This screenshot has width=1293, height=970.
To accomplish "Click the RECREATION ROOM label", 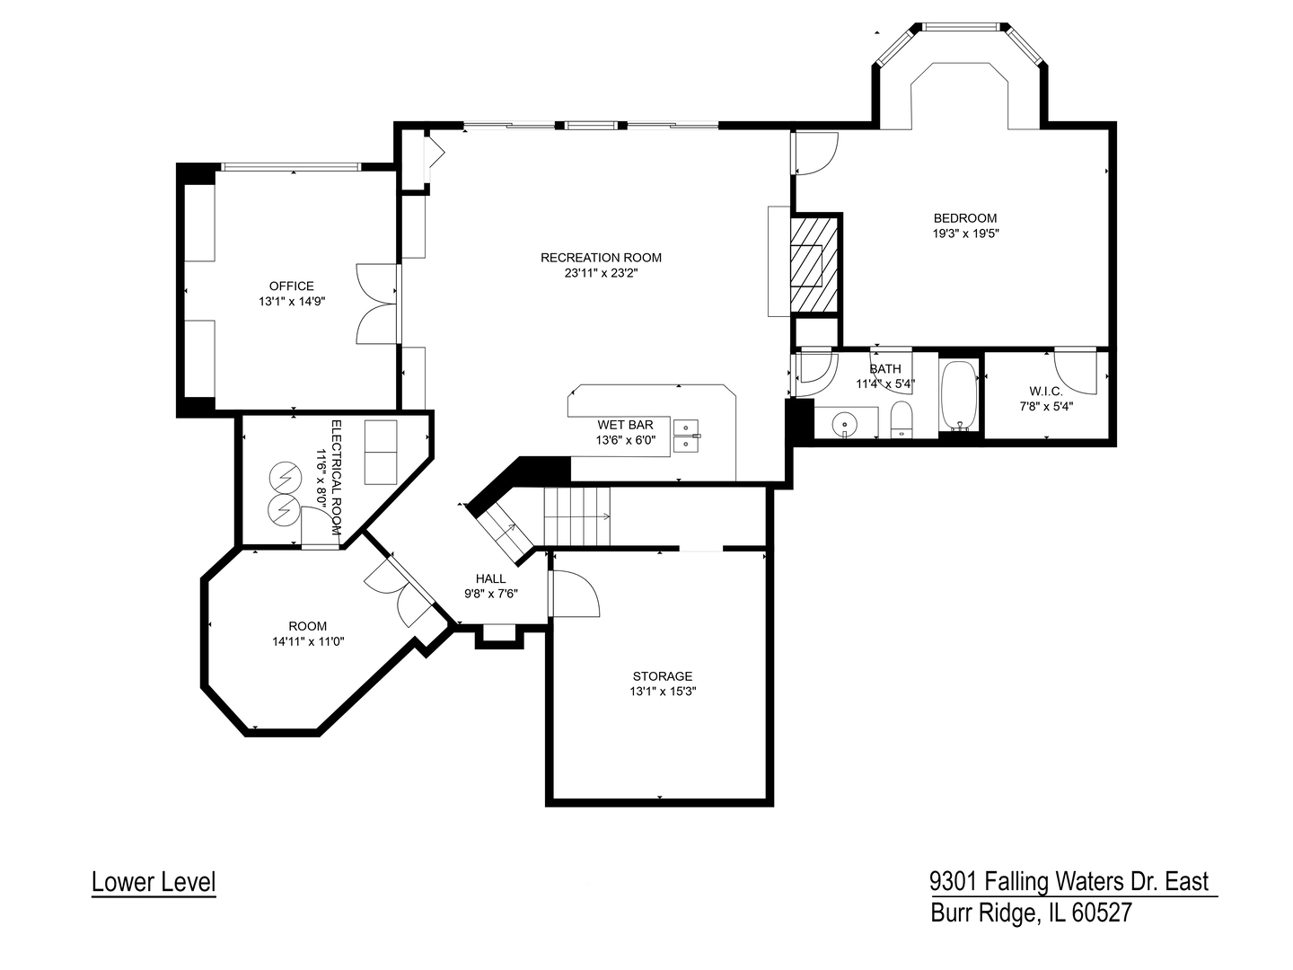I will [x=601, y=258].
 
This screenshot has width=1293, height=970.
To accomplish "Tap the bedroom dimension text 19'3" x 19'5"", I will [x=965, y=234].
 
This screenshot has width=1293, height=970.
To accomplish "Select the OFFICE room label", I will [x=291, y=287].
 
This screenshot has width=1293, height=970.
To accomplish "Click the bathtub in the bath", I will [x=960, y=396].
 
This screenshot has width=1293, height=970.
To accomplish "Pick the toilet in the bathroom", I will [x=901, y=419].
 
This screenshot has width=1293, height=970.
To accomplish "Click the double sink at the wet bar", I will [x=687, y=435].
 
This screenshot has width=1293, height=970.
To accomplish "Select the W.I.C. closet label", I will [x=1046, y=392].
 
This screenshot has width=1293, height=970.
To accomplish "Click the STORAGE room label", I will [x=662, y=676].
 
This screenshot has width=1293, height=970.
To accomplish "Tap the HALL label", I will [x=490, y=578].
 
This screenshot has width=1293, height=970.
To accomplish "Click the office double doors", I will [x=377, y=304].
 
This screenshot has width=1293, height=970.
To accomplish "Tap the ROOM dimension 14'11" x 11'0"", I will [x=308, y=641].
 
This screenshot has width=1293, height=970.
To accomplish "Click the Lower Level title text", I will [x=154, y=882].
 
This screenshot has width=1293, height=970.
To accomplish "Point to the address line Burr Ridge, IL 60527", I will [x=1031, y=913].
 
